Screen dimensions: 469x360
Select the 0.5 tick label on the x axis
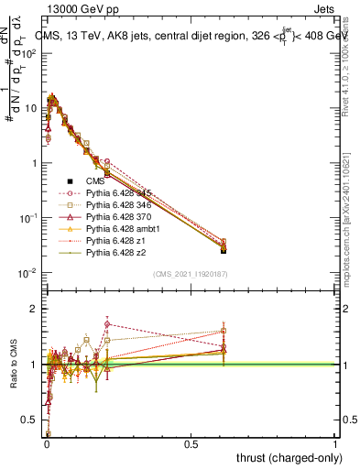pos(191,443)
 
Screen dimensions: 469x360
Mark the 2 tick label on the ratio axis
pos(33,309)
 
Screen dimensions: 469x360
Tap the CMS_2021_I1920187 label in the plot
pos(191,274)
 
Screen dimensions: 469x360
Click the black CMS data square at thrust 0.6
pos(224,250)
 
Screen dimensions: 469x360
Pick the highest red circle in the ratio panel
pos(107,323)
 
